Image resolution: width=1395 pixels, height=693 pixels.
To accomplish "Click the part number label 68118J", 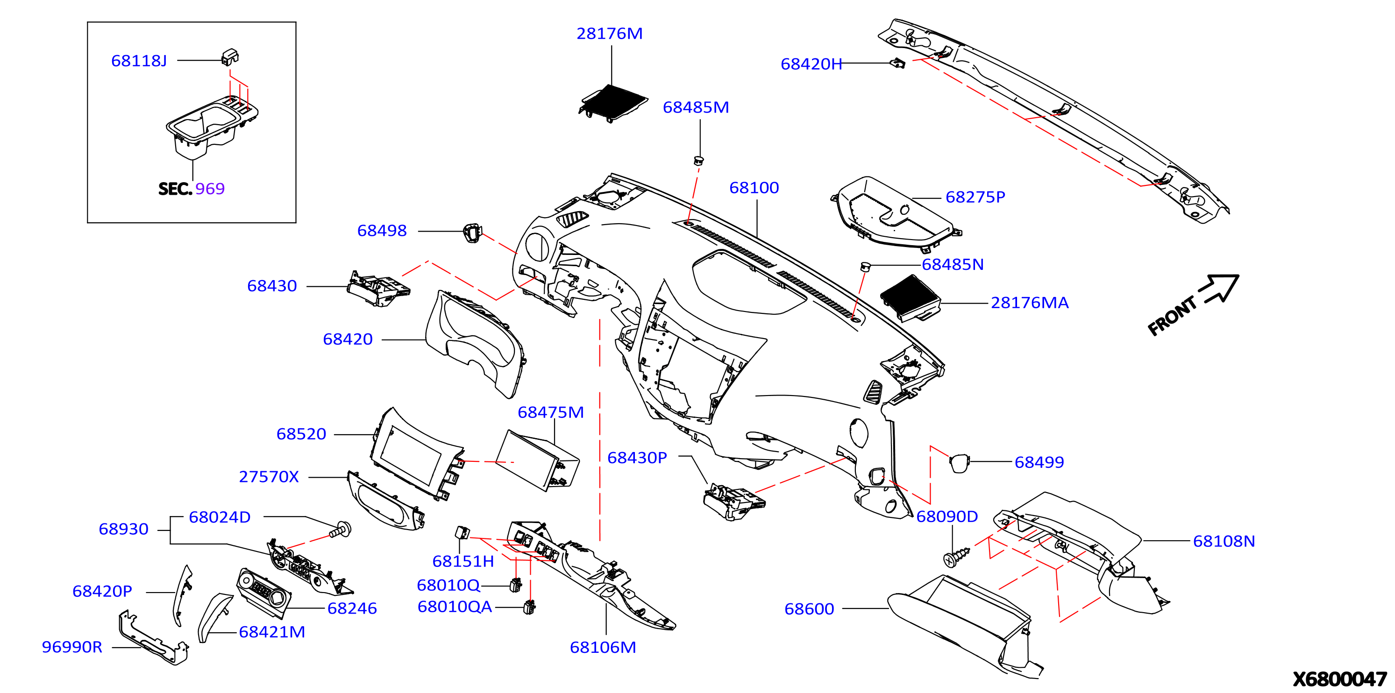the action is click(139, 61).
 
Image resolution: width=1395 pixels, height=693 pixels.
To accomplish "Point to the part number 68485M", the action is click(696, 107).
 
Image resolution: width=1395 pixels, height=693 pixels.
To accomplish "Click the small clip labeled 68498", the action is click(472, 233).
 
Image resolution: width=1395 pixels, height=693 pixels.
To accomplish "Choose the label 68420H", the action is click(811, 64).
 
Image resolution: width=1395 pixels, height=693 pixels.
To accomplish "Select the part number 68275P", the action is click(975, 197).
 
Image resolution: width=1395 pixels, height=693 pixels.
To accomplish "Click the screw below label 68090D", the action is click(956, 557).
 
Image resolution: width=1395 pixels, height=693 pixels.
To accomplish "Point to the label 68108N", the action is click(1224, 541).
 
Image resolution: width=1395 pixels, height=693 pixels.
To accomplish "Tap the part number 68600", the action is click(809, 609).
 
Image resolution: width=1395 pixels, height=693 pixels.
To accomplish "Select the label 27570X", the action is click(269, 477).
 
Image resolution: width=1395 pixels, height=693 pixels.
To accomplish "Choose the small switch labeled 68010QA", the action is click(529, 607).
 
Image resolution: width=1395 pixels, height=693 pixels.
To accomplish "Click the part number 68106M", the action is click(603, 648).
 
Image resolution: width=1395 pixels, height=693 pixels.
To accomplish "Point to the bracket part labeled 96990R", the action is click(154, 639).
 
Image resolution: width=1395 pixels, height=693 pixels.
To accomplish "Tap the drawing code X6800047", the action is click(1340, 679).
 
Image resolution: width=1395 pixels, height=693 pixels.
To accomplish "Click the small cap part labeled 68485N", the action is click(865, 266).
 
